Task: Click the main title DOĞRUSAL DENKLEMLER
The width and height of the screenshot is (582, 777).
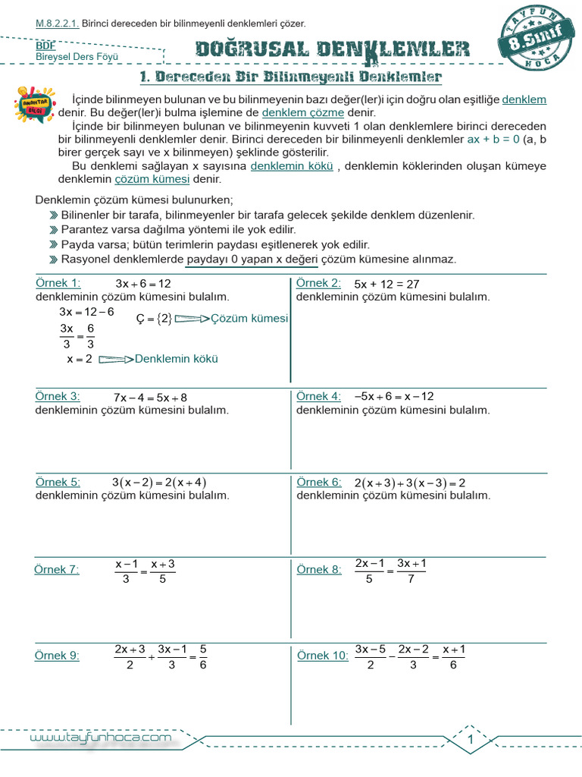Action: point(332,51)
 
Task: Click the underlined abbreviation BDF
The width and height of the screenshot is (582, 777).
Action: point(45,46)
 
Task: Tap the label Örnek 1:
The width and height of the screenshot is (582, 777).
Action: point(58,283)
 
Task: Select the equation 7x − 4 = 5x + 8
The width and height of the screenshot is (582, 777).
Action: point(150,397)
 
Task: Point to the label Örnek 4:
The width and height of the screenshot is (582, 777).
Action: point(318,396)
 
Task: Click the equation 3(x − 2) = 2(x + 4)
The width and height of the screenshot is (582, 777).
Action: point(159,482)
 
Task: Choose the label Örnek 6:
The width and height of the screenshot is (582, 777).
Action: point(318,482)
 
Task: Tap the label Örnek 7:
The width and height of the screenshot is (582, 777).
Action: point(57,570)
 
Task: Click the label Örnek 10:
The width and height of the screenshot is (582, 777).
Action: point(322,656)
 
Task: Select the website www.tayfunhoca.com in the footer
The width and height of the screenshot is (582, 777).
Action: point(101,738)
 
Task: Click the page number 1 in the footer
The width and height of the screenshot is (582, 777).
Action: point(471,739)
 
